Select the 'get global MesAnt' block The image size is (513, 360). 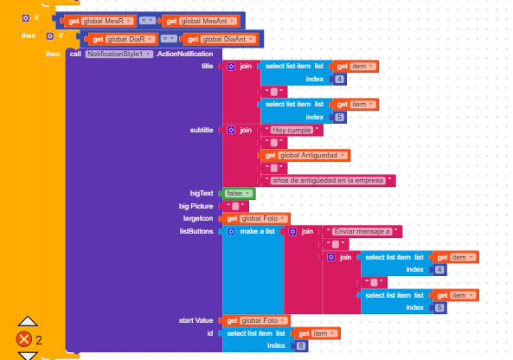pyautogui.click(x=200, y=22)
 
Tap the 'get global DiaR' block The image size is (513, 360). pyautogui.click(x=122, y=39)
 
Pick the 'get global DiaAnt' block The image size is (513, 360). pyautogui.click(x=221, y=39)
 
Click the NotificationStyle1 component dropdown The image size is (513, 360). pyautogui.click(x=119, y=54)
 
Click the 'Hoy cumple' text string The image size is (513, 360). pyautogui.click(x=292, y=130)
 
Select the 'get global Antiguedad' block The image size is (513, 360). pyautogui.click(x=305, y=155)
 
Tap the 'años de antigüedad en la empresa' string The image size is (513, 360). pyautogui.click(x=328, y=180)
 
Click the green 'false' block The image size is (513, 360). pyautogui.click(x=239, y=194)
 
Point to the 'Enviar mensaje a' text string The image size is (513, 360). pyautogui.click(x=362, y=231)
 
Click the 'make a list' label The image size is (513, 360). pyautogui.click(x=258, y=231)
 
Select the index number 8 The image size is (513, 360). pyautogui.click(x=301, y=345)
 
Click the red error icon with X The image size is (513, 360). pyautogui.click(x=24, y=339)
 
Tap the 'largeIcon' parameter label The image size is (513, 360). pyautogui.click(x=198, y=218)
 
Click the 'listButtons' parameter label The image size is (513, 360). pyautogui.click(x=196, y=231)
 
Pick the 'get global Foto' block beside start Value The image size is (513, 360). pyautogui.click(x=255, y=320)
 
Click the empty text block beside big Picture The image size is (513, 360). pyautogui.click(x=235, y=206)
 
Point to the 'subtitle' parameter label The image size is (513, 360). pyautogui.click(x=202, y=130)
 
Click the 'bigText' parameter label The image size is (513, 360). pyautogui.click(x=202, y=194)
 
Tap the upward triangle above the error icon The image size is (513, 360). pyautogui.click(x=28, y=321)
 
